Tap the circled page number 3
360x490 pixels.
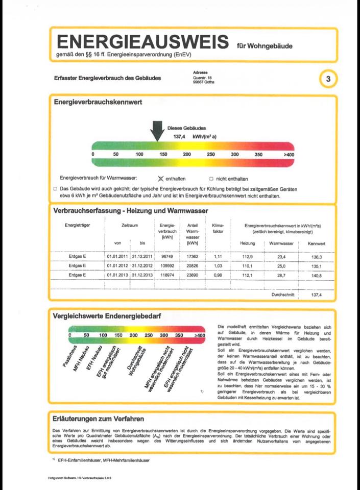pos(328,79)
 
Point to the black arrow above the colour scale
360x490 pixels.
pos(157,131)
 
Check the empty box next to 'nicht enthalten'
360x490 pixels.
pos(211,179)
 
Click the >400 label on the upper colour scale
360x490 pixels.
pos(289,154)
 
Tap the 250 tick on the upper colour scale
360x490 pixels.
pos(211,154)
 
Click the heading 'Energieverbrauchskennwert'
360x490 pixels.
pos(98,102)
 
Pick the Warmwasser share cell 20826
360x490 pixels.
pos(193,265)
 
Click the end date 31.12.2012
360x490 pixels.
pos(142,265)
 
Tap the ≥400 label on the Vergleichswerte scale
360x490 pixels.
pos(200,335)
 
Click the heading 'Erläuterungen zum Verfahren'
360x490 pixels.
pos(98,419)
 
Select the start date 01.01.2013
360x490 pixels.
pos(117,275)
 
